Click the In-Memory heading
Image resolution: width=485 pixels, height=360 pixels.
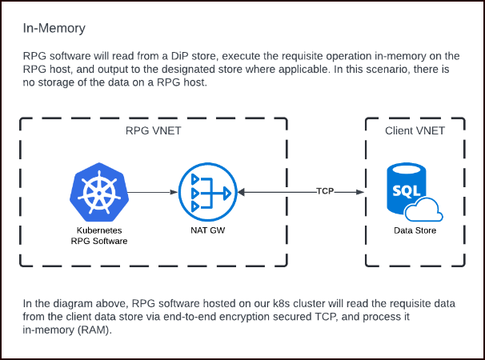[x=54, y=30]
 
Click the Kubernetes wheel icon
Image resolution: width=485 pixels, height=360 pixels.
[x=97, y=193]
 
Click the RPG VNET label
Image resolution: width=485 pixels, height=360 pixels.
[x=154, y=130]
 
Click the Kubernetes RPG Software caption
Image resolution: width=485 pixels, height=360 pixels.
[x=97, y=235]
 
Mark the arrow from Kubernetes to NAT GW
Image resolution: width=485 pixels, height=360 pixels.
[x=152, y=193]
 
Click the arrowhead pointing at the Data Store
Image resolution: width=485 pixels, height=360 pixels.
[x=362, y=193]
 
